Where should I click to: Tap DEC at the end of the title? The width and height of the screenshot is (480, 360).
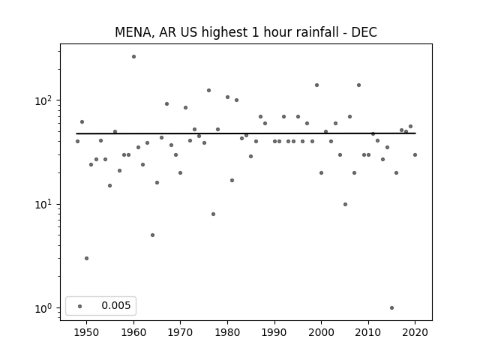tap(364, 33)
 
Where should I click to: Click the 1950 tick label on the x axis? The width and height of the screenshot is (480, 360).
tap(86, 332)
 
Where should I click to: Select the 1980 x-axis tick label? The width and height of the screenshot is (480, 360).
tap(227, 332)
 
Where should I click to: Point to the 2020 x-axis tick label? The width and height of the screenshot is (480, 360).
tap(415, 332)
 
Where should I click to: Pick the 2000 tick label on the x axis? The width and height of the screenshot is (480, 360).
tap(321, 332)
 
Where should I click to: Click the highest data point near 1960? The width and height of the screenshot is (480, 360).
tap(133, 56)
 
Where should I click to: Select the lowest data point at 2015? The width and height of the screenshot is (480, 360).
tap(391, 307)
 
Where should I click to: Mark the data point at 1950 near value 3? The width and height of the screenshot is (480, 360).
tap(86, 258)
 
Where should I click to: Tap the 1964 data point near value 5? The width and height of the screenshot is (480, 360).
tap(152, 235)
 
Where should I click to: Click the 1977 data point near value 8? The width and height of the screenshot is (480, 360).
tap(213, 214)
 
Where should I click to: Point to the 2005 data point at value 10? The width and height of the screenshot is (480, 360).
tap(345, 204)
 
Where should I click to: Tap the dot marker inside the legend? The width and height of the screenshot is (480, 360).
tap(80, 306)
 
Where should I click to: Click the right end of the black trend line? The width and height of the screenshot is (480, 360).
tap(415, 133)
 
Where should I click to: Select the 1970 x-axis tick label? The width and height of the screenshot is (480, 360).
tap(180, 332)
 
